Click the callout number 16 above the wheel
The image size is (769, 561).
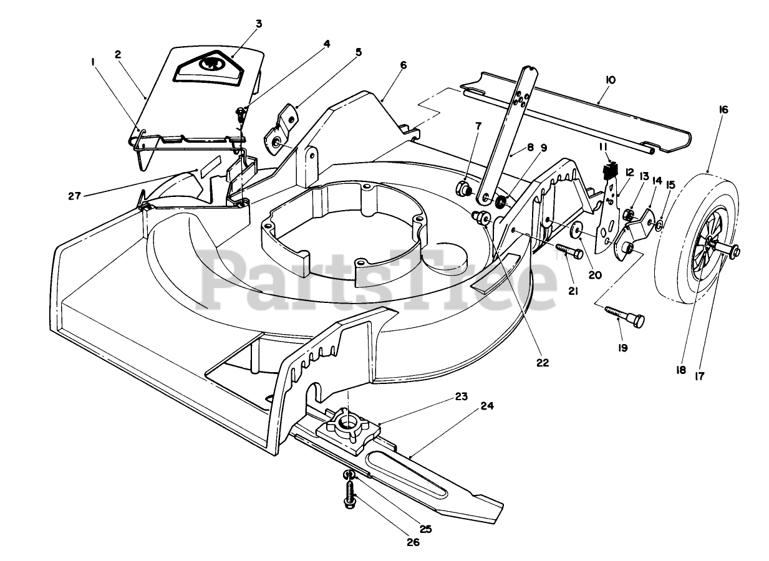coord(723,110)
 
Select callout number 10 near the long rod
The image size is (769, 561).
coord(610,80)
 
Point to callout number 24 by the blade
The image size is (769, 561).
coord(487,406)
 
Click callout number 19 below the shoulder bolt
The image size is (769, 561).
coord(622,347)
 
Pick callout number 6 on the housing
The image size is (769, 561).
coord(403,65)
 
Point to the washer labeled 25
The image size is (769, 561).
coord(349,477)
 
